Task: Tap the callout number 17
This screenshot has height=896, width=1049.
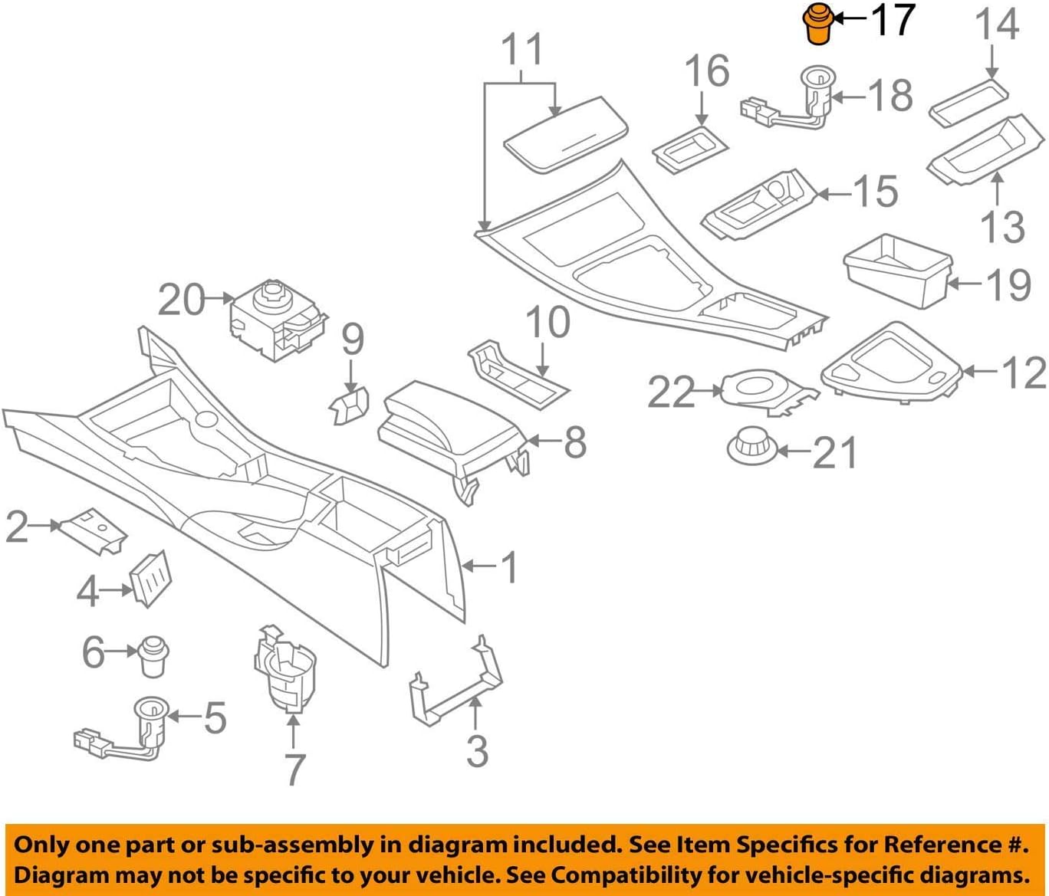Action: coord(893,20)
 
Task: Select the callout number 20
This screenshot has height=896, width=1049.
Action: coord(181,300)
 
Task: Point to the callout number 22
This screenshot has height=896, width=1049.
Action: coord(671,392)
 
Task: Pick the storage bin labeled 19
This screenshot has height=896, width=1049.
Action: coord(897,271)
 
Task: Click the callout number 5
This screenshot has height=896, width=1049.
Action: coord(215,717)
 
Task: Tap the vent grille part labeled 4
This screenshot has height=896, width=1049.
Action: coord(151,579)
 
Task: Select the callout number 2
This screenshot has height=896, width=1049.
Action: coord(17,527)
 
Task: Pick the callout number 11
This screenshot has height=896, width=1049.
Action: coord(522,50)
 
